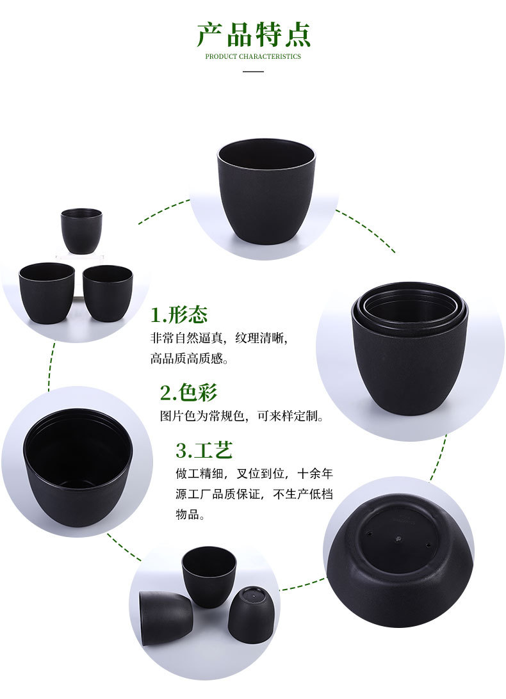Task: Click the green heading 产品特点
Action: point(253,35)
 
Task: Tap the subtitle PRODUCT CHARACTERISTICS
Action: point(253,56)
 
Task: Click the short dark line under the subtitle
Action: point(254,71)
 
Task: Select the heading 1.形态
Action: point(179,315)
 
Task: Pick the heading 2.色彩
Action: point(188,392)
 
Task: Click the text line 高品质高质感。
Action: point(189,358)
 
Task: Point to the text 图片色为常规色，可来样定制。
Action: point(242,416)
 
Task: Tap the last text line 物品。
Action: point(190,515)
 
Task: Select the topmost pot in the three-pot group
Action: point(81,230)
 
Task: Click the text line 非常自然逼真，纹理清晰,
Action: point(223,337)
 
